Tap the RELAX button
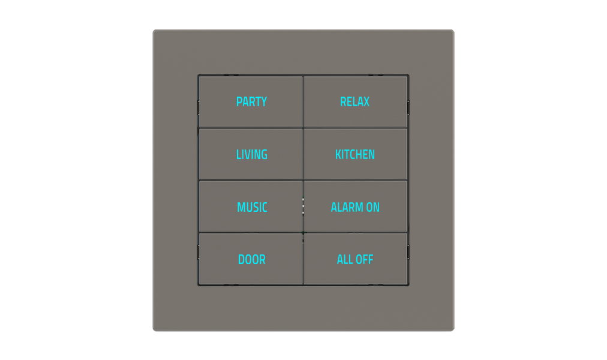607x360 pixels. click(355, 102)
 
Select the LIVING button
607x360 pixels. click(251, 155)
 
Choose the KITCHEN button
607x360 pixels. click(355, 155)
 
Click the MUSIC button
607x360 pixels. click(252, 208)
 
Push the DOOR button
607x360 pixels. click(251, 260)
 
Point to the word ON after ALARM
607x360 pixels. click(373, 208)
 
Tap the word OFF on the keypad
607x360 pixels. click(364, 260)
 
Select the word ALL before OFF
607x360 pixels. click(345, 260)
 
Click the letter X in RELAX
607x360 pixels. click(366, 102)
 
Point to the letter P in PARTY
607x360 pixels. click(239, 102)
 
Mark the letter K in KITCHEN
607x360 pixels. click(338, 155)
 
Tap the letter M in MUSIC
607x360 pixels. click(241, 208)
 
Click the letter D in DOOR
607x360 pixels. click(241, 260)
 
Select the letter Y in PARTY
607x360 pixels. click(263, 102)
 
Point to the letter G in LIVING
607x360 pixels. click(264, 155)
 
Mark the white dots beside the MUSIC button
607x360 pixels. click(303, 206)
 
